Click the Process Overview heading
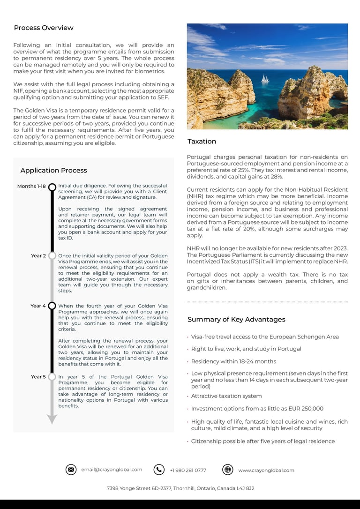[44, 28]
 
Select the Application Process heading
[53, 170]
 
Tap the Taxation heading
[202, 141]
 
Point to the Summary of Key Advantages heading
[236, 319]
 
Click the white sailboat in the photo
[265, 79]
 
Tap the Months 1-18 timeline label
[31, 186]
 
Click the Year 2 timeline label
[38, 256]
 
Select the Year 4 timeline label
[38, 306]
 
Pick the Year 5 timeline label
[38, 377]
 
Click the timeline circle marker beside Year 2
[52, 256]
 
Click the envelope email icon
[71, 470]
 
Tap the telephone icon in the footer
[159, 470]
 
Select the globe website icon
[228, 470]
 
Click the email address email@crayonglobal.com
[112, 470]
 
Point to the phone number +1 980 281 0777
[188, 470]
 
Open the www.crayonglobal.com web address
[266, 470]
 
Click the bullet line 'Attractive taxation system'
[226, 396]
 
